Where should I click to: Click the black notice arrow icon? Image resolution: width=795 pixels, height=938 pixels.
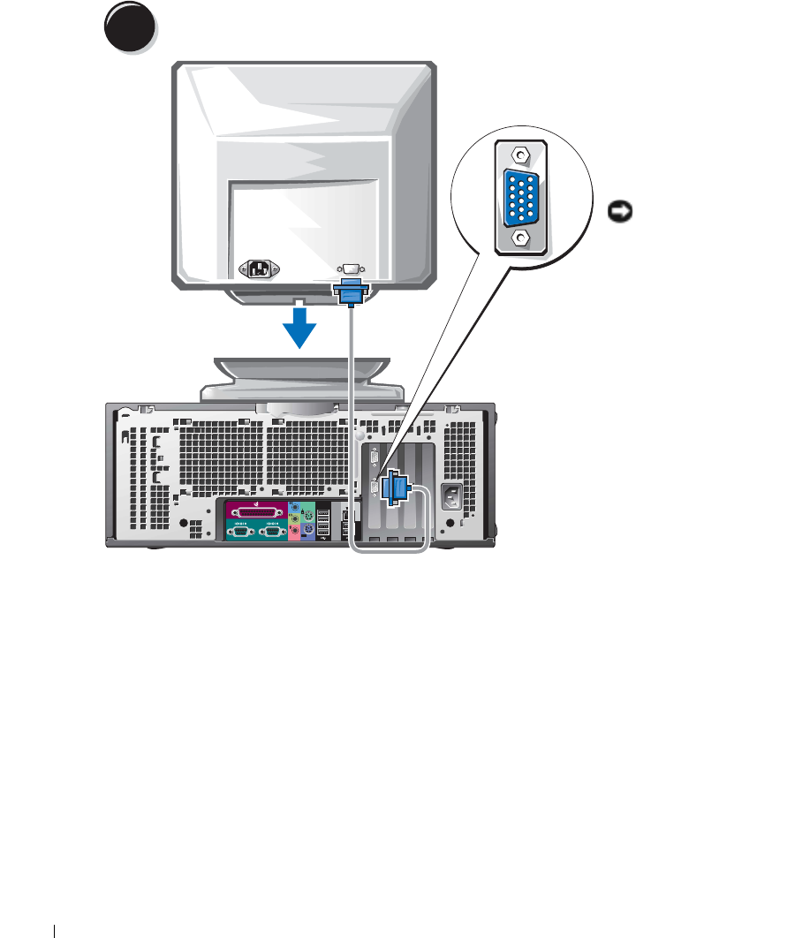[617, 211]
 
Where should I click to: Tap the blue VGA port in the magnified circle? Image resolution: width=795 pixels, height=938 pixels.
[522, 196]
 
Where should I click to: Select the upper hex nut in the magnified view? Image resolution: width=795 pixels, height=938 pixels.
[522, 155]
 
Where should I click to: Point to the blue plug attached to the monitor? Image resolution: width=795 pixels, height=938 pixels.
[352, 291]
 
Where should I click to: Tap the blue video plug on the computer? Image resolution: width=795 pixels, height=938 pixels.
[395, 489]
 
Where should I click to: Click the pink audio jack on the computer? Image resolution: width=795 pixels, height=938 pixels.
[294, 531]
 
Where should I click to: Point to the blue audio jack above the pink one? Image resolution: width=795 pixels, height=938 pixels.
[294, 508]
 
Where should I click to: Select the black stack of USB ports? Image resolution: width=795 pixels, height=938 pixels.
[323, 521]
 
